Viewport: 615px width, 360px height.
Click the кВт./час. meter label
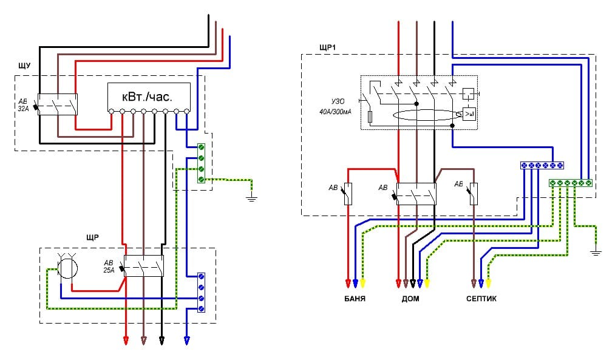[x=147, y=97]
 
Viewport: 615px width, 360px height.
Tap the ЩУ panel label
[x=24, y=66]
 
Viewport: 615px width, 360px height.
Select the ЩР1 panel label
[x=327, y=48]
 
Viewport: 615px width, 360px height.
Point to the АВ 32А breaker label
[x=24, y=105]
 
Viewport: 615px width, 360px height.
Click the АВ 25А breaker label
[x=109, y=267]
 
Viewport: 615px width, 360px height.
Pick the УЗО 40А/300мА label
[x=336, y=107]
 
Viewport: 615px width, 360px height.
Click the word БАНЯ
[x=355, y=299]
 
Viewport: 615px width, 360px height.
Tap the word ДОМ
[x=410, y=299]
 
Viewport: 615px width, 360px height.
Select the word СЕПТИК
[x=481, y=299]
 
